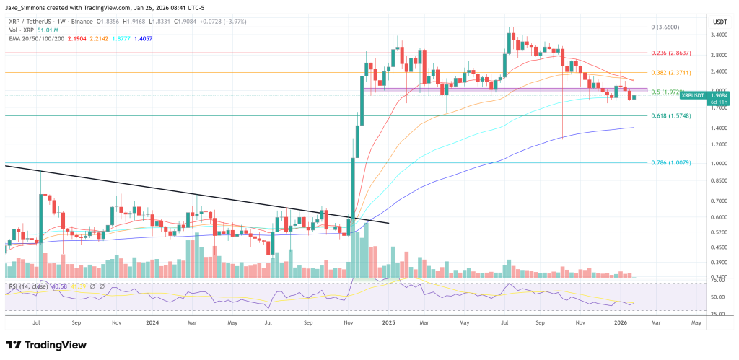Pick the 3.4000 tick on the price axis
click(x=720, y=33)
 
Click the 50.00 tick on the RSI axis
click(x=718, y=297)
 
